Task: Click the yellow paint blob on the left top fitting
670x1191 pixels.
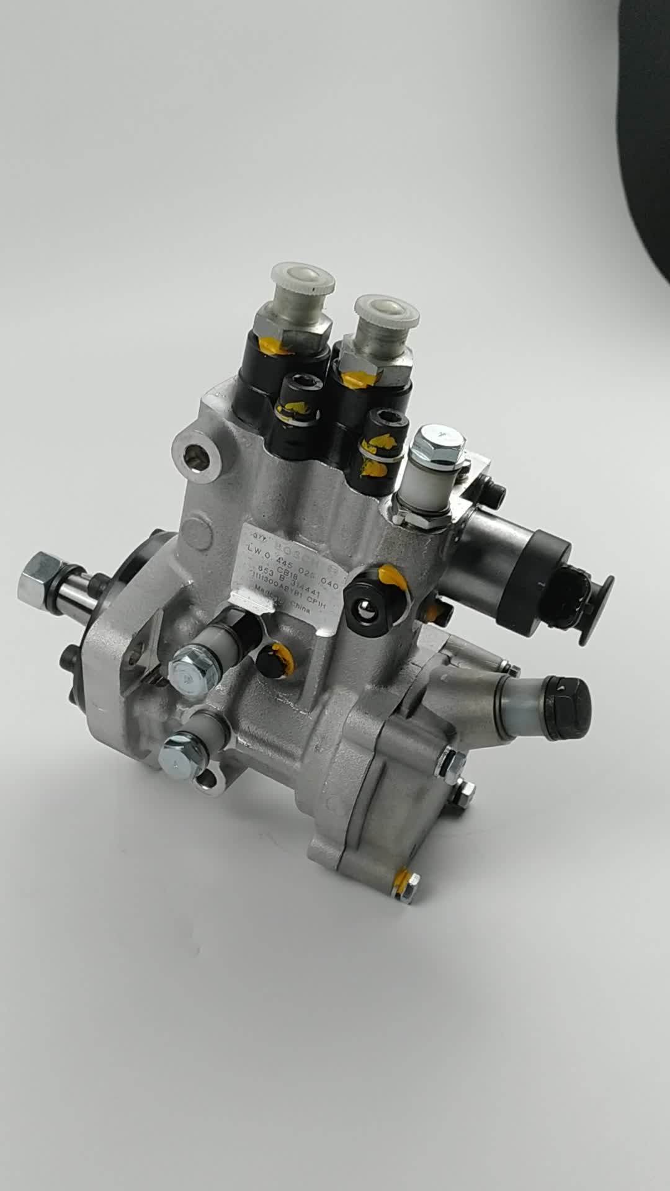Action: (x=276, y=347)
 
